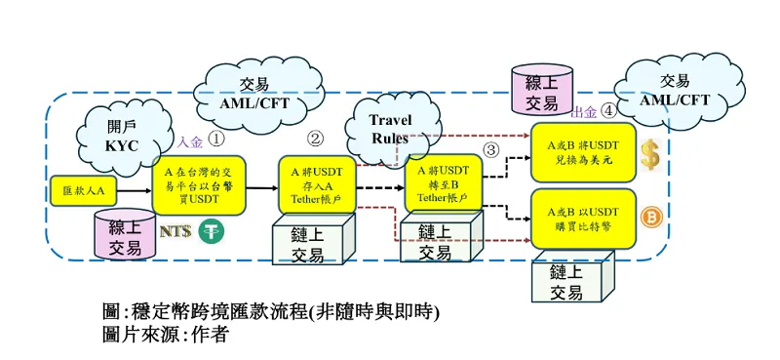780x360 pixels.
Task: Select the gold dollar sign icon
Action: click(650, 154)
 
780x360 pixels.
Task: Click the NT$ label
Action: click(175, 232)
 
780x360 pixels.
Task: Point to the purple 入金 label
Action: click(189, 142)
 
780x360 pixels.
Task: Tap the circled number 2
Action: click(314, 140)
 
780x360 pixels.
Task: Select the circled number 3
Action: click(490, 149)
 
